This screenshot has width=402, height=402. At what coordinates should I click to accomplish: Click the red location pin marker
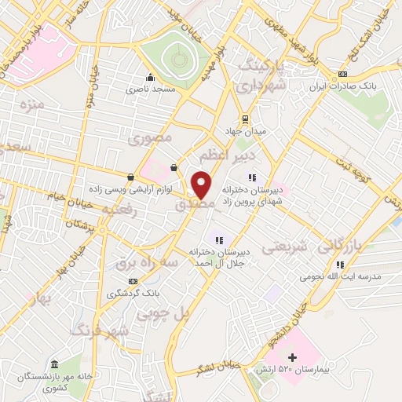pyautogui.click(x=203, y=184)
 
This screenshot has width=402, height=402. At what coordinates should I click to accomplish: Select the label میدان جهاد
pyautogui.click(x=248, y=130)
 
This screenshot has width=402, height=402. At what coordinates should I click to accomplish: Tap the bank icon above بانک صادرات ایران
pyautogui.click(x=341, y=75)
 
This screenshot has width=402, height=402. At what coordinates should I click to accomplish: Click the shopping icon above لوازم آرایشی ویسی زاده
pyautogui.click(x=130, y=176)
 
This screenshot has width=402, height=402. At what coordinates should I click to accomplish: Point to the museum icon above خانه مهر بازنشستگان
pyautogui.click(x=54, y=365)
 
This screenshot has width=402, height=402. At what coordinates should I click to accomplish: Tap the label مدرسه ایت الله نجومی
pyautogui.click(x=350, y=276)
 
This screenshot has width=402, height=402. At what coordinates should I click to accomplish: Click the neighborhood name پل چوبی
pyautogui.click(x=164, y=312)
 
